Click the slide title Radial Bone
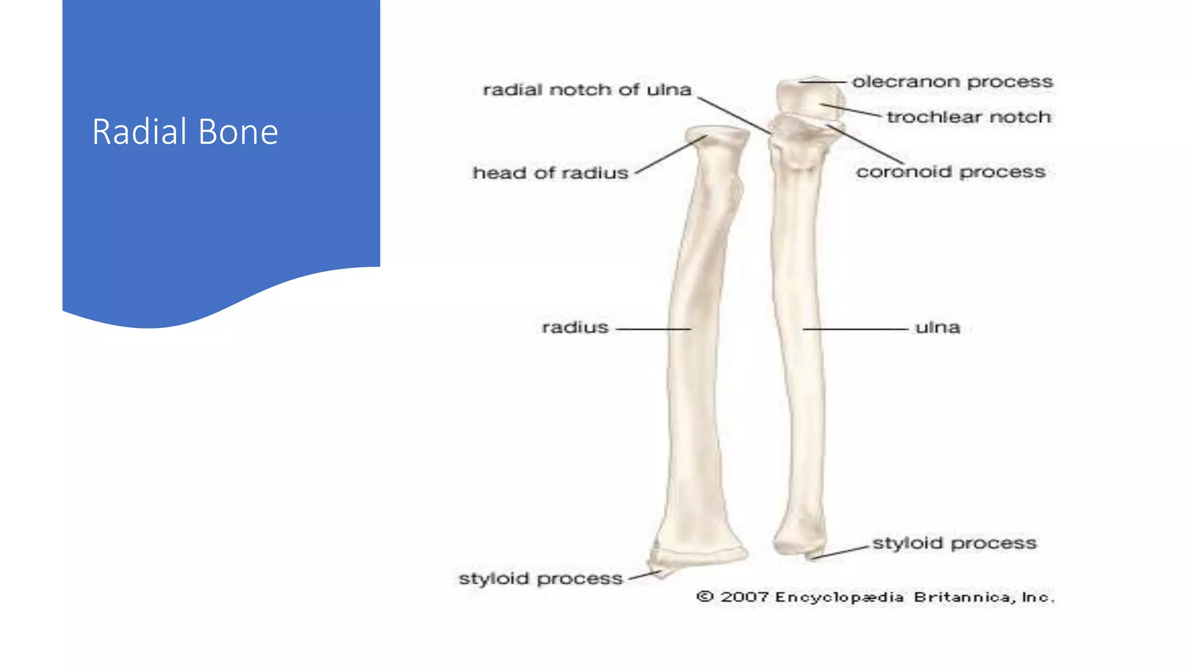(x=185, y=132)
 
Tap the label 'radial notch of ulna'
(x=587, y=90)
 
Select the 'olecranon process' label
(x=952, y=82)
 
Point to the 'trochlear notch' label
(x=969, y=117)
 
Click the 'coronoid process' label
(x=951, y=172)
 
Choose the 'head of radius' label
(x=550, y=173)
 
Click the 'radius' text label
(x=575, y=327)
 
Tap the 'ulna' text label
(x=937, y=327)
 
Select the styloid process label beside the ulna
(x=954, y=543)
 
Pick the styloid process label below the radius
(x=541, y=579)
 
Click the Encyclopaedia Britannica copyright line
(x=875, y=597)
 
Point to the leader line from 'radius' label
(x=652, y=329)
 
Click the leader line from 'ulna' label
(x=855, y=329)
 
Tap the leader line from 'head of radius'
(x=670, y=155)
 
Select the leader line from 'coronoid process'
(x=865, y=144)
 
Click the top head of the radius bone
(x=718, y=137)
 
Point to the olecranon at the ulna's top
(x=810, y=96)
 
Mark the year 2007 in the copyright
(x=744, y=597)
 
